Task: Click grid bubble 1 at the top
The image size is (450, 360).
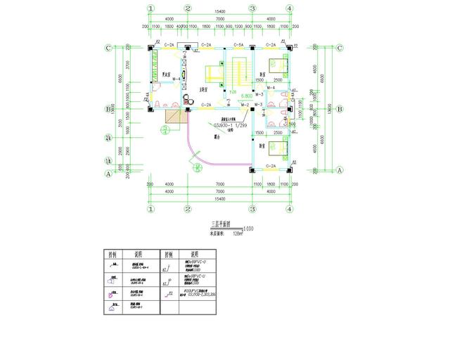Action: [150, 8]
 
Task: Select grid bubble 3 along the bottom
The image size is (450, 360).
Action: [252, 209]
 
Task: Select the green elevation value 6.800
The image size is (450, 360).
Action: [247, 95]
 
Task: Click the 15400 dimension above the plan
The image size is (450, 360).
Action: [219, 12]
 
